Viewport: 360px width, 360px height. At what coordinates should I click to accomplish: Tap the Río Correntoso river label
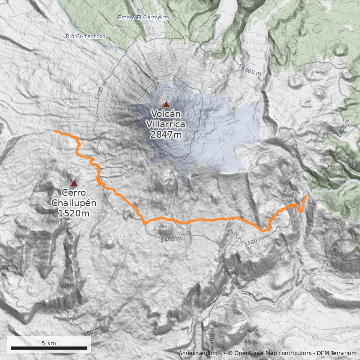click(85, 36)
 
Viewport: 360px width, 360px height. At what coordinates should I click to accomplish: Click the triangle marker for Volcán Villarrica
click(166, 104)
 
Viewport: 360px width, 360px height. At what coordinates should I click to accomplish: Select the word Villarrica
click(166, 124)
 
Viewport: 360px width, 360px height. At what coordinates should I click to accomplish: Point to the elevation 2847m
click(166, 134)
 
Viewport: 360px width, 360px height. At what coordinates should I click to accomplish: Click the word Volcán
click(166, 113)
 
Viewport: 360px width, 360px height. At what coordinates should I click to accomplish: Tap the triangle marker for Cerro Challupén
click(74, 183)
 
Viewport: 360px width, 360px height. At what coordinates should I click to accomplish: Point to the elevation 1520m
click(74, 213)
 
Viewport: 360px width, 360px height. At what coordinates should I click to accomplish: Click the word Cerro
click(74, 193)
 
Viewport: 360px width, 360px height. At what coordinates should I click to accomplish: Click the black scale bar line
click(49, 348)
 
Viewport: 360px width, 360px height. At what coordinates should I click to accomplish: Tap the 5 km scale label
click(49, 343)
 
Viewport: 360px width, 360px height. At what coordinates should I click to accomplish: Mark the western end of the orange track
click(54, 130)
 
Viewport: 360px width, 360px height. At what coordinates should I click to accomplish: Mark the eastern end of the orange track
click(306, 196)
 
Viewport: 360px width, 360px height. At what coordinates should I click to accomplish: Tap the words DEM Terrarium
click(337, 353)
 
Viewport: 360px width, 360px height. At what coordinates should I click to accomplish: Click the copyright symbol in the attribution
click(230, 353)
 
